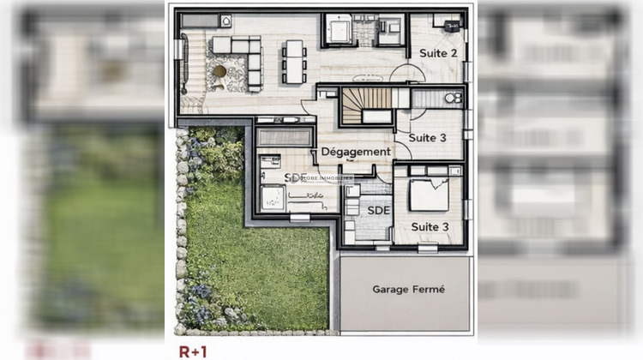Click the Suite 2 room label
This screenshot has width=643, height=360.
pyautogui.click(x=437, y=53)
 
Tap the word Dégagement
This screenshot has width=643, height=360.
pyautogui.click(x=356, y=152)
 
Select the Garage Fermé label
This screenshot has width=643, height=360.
pyautogui.click(x=409, y=290)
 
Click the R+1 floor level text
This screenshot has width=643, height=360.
pyautogui.click(x=193, y=351)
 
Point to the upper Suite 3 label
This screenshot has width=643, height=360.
pyautogui.click(x=427, y=137)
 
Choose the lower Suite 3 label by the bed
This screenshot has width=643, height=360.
pyautogui.click(x=430, y=226)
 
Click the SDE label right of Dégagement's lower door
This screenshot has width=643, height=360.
pyautogui.click(x=378, y=209)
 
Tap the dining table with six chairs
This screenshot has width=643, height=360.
pyautogui.click(x=295, y=60)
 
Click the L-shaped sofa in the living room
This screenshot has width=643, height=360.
pyautogui.click(x=240, y=60)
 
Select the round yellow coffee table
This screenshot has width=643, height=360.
pyautogui.click(x=220, y=72)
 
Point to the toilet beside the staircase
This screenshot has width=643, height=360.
pyautogui.click(x=452, y=99)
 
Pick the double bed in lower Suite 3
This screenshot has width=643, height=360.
pyautogui.click(x=428, y=194)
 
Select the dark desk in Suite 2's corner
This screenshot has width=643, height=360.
pyautogui.click(x=444, y=22)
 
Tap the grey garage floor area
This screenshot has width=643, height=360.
pyautogui.click(x=407, y=309)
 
